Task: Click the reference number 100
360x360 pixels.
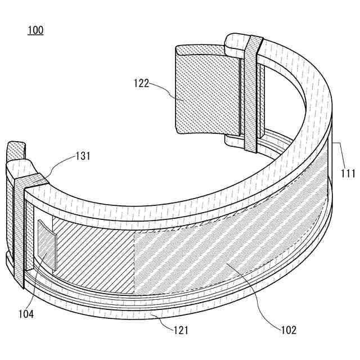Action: [35, 30]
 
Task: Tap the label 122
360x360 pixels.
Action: [142, 84]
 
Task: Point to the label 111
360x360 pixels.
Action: [348, 174]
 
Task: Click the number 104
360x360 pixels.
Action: [25, 314]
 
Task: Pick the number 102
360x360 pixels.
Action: [287, 330]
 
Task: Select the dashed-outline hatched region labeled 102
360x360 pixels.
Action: [225, 253]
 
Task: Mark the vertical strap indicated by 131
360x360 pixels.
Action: [19, 236]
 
